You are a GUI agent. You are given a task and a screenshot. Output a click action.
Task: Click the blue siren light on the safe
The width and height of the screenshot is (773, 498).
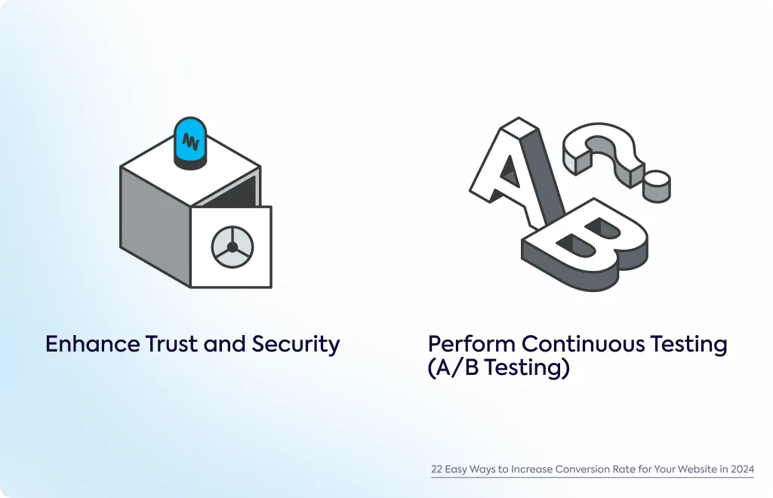(190, 142)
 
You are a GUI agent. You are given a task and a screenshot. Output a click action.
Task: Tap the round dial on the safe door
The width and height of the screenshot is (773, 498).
(233, 247)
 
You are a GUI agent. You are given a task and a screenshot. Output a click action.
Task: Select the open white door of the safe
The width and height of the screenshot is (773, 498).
(231, 247)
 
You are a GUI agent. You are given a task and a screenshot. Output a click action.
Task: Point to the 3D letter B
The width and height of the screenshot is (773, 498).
(585, 244)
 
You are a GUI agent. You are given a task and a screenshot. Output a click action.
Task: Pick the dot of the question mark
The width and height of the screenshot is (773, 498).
(658, 186)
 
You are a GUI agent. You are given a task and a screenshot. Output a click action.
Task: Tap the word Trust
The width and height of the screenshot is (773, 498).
(171, 344)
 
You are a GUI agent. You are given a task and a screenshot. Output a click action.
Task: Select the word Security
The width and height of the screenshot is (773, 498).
(296, 344)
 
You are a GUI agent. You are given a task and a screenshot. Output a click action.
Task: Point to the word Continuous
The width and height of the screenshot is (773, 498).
(583, 344)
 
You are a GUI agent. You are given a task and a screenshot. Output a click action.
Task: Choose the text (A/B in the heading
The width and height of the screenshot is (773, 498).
(453, 367)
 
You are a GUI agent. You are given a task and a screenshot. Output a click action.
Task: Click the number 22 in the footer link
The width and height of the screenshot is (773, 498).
(437, 469)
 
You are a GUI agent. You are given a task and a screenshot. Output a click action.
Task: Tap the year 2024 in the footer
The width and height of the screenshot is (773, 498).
(743, 469)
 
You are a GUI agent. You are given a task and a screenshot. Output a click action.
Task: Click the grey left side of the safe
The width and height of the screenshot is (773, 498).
(156, 225)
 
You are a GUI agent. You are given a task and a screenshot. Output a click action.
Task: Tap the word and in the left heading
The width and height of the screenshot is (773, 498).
(225, 344)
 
